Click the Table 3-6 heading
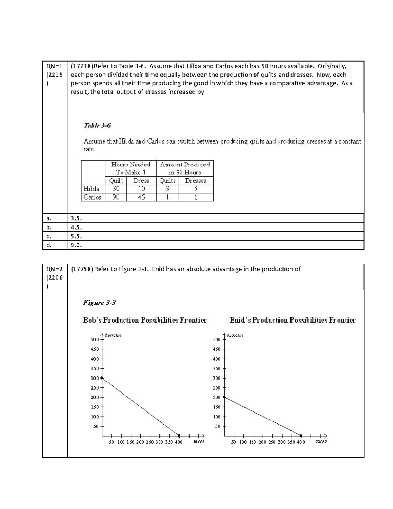[x=98, y=126]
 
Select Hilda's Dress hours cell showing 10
[x=141, y=189]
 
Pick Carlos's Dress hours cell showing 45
[x=141, y=197]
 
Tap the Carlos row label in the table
[x=92, y=197]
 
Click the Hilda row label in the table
[x=91, y=189]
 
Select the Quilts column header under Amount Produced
[x=167, y=181]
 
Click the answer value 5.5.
[x=76, y=236]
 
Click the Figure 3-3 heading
[x=99, y=303]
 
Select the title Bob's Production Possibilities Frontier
[x=145, y=320]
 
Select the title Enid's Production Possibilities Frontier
[x=292, y=320]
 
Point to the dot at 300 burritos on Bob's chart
[x=102, y=378]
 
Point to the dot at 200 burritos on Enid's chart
[x=224, y=397]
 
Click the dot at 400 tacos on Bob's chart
[x=179, y=436]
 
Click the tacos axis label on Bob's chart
[x=198, y=442]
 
